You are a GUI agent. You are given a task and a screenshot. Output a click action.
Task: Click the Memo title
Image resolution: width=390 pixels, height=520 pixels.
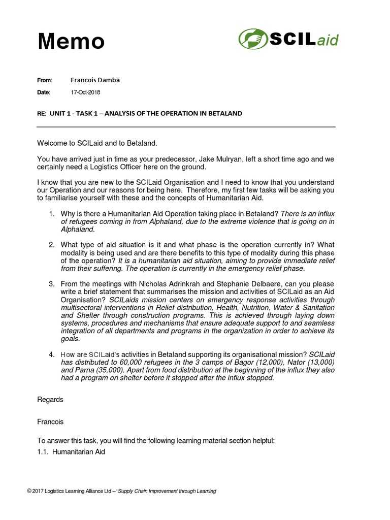point(71,41)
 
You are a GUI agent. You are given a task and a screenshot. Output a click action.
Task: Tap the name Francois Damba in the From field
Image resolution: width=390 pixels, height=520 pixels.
point(95,80)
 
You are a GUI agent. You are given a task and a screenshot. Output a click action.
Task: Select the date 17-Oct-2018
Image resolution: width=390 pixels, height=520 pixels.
point(85,92)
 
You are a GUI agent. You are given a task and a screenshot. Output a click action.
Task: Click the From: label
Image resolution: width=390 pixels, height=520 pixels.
point(45,80)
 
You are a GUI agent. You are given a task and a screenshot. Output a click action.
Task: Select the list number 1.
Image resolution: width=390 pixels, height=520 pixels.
point(52,213)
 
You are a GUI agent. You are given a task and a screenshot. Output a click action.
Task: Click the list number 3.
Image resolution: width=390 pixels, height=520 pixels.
point(52,283)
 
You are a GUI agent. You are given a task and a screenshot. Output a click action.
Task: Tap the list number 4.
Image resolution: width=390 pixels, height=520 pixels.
point(52,353)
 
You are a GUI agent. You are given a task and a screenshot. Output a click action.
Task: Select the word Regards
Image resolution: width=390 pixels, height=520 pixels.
point(50,400)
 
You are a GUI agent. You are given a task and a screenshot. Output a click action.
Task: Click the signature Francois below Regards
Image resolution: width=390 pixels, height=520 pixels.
point(50,421)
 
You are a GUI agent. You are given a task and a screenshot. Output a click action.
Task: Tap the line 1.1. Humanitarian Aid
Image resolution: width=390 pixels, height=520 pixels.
point(71,451)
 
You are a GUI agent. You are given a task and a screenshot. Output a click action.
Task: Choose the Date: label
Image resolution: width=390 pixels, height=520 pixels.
point(44,92)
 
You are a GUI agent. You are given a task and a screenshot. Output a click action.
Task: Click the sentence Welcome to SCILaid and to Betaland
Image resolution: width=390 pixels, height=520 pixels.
point(101,144)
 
